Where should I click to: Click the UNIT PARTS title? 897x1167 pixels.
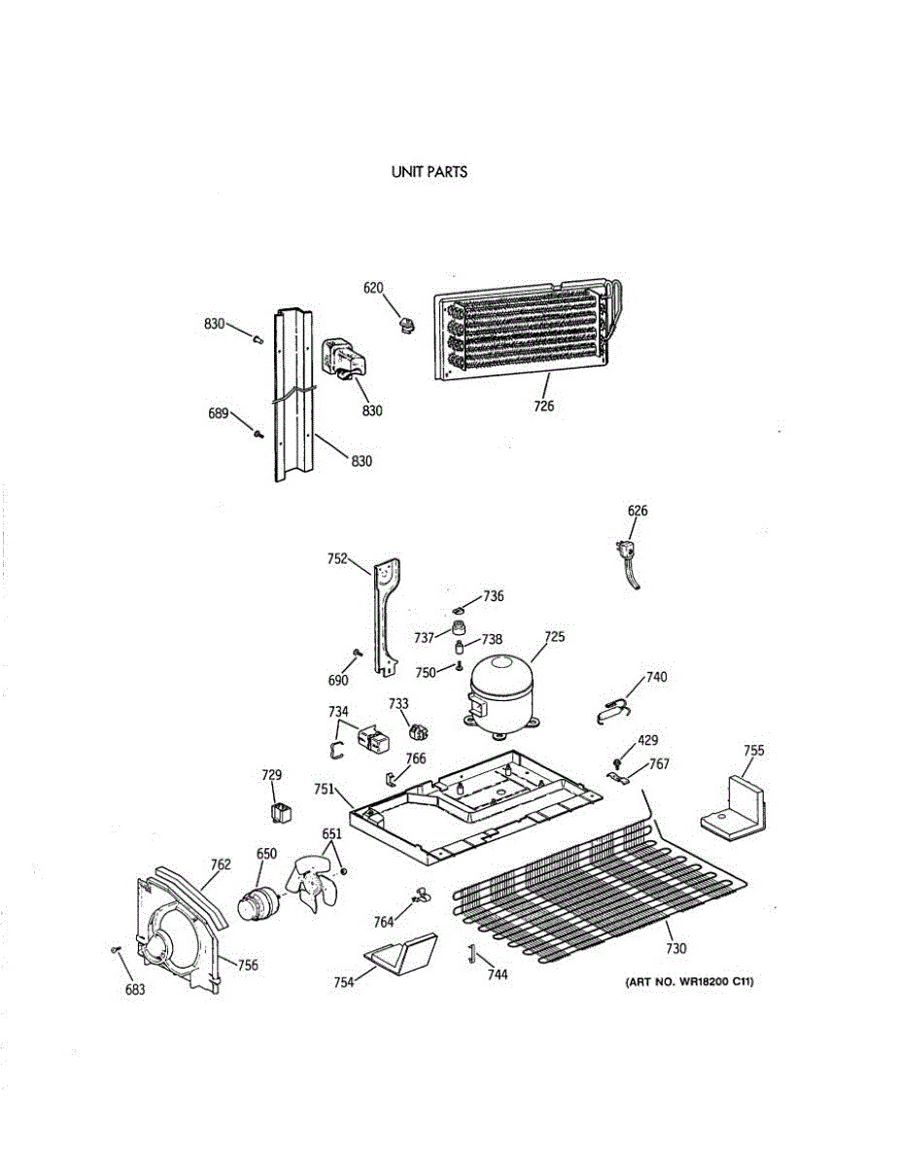[429, 172]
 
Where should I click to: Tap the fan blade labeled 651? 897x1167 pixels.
[312, 885]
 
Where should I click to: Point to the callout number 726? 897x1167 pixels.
[543, 406]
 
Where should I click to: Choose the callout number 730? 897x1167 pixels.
[677, 948]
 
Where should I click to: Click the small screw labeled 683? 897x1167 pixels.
[116, 948]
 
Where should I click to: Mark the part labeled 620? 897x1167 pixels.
[406, 324]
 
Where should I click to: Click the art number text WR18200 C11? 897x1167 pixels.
[689, 982]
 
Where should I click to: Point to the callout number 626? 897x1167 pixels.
[638, 511]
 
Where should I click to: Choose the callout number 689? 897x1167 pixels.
[218, 413]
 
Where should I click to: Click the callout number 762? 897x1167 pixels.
[221, 863]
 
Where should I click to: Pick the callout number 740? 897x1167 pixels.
[657, 676]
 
